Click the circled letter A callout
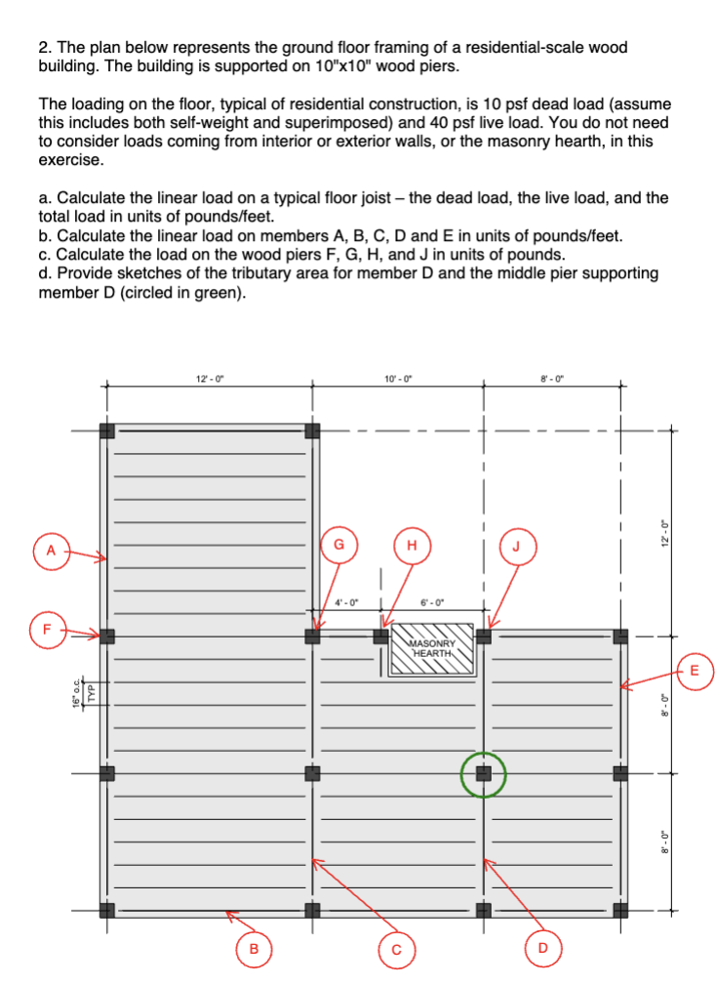[x=51, y=551]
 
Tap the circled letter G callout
[x=338, y=545]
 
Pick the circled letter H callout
[x=412, y=545]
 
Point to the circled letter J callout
[x=517, y=546]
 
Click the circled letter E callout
[x=694, y=671]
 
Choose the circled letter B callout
[x=255, y=948]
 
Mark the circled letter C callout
[x=397, y=949]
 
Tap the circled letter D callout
[x=543, y=948]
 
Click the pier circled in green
[x=483, y=774]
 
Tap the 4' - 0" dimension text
[x=347, y=602]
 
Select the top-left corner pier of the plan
[x=107, y=431]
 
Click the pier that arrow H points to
[x=381, y=637]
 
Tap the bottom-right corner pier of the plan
[x=620, y=911]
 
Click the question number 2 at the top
[x=43, y=47]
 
